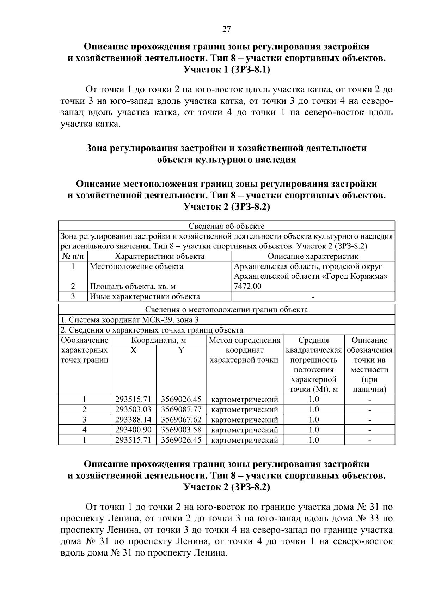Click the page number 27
click(x=226, y=29)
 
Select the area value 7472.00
click(x=248, y=286)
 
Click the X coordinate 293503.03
click(x=133, y=409)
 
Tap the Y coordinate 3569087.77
click(x=181, y=409)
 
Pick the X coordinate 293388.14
click(x=133, y=420)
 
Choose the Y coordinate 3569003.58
click(x=181, y=430)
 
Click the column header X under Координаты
click(x=133, y=350)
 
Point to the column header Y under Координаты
click(x=181, y=350)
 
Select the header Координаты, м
click(x=159, y=340)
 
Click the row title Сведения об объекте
click(x=226, y=226)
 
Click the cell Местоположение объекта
click(x=136, y=266)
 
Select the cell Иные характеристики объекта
click(x=145, y=296)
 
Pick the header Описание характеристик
click(x=313, y=256)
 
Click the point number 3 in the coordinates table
click(x=85, y=420)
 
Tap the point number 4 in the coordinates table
click(x=85, y=430)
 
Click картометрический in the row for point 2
click(x=245, y=409)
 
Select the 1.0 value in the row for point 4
click(x=314, y=430)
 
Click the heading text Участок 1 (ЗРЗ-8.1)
click(x=227, y=70)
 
